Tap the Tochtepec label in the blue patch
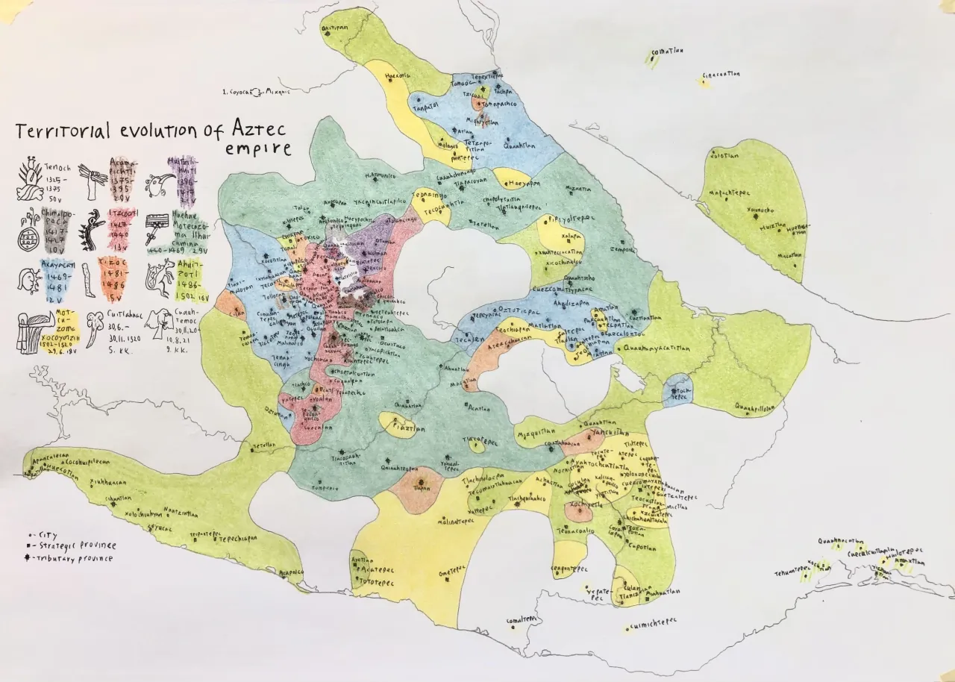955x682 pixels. (x=678, y=392)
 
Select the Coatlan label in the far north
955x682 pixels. (x=667, y=52)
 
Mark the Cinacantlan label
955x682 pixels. (x=720, y=75)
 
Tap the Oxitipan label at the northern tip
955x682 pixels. (x=334, y=27)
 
